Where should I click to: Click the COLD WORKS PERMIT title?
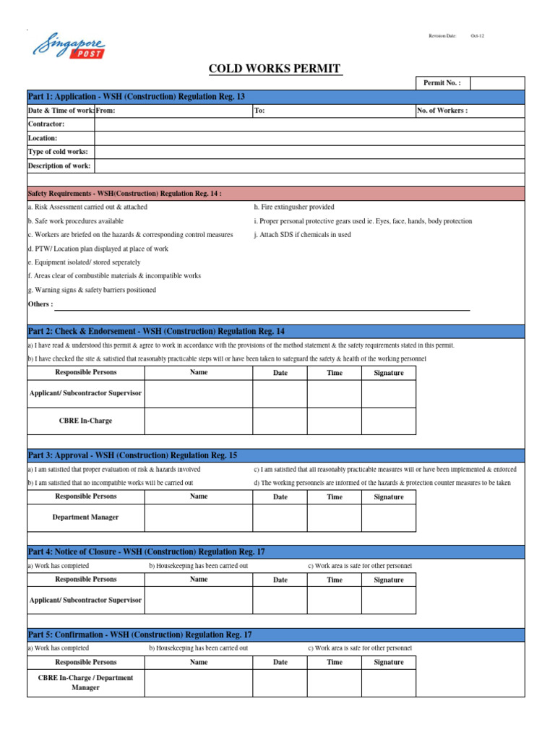point(274,69)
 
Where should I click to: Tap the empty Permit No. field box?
point(496,83)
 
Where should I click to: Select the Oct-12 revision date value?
point(478,35)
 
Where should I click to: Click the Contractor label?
point(46,124)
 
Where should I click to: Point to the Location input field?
point(309,138)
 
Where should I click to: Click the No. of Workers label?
point(442,111)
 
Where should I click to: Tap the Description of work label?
point(59,165)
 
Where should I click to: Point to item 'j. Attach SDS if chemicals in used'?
point(302,235)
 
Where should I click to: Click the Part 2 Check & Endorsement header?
point(156,331)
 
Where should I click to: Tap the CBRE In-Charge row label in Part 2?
point(85,421)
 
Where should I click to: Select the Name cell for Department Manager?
point(198,517)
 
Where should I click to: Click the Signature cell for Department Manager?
point(388,517)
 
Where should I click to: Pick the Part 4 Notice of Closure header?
point(147,551)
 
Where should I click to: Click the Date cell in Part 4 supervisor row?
point(280,600)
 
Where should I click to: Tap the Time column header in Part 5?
point(335,662)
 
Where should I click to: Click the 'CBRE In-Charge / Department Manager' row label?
point(85,683)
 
